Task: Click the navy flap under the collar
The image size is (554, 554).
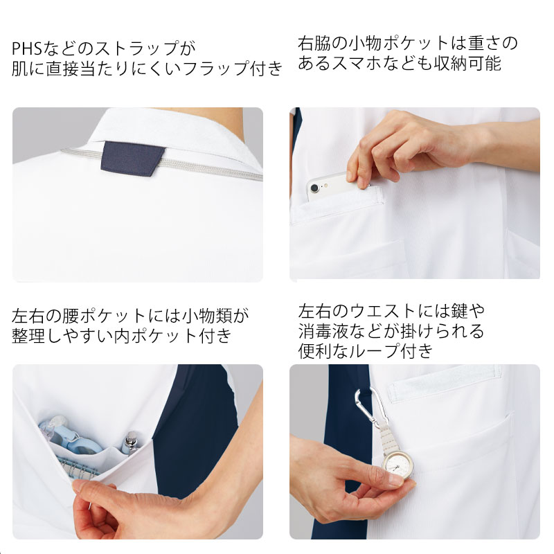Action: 132,158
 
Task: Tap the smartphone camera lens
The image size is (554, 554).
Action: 314,188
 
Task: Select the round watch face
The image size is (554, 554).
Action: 398,466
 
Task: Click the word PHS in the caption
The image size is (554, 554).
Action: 27,48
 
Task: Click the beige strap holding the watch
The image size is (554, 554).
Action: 386,439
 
